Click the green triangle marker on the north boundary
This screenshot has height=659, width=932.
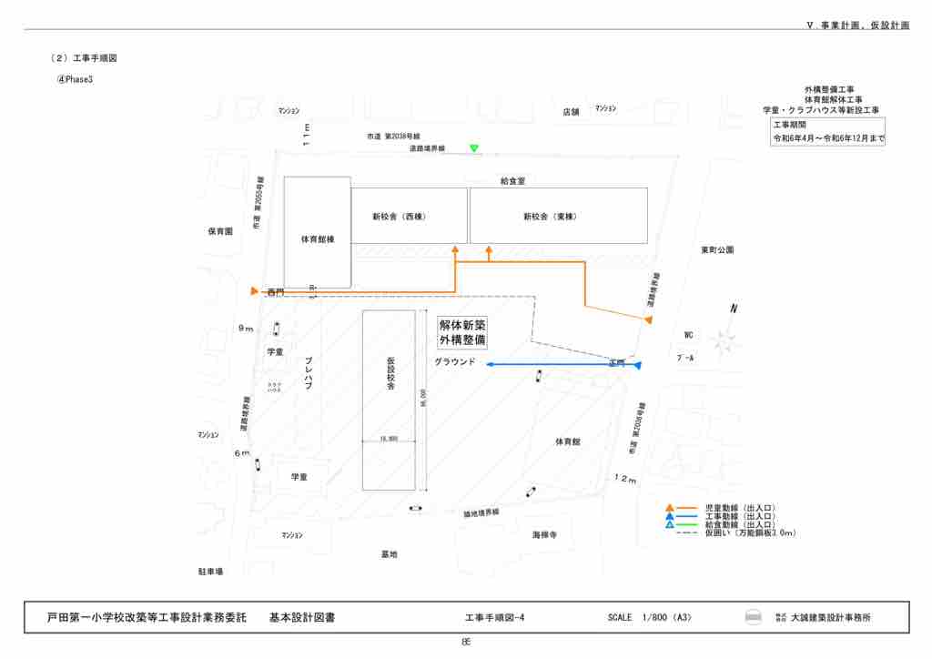click(x=473, y=148)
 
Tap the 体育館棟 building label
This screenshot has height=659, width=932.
click(x=318, y=240)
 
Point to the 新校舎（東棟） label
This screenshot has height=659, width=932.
click(x=550, y=217)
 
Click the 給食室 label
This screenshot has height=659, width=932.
click(x=512, y=181)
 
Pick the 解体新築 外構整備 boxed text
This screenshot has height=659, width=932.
click(x=462, y=332)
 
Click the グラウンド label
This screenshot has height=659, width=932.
click(x=455, y=362)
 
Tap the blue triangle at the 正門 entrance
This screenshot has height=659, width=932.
click(x=638, y=366)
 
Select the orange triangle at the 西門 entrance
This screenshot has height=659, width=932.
click(x=254, y=291)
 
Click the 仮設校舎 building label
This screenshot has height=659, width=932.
click(x=390, y=373)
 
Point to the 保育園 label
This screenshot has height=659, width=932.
click(x=220, y=231)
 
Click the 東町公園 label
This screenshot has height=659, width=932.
click(x=717, y=249)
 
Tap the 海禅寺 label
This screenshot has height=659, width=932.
click(x=544, y=535)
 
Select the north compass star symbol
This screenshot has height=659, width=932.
click(x=724, y=341)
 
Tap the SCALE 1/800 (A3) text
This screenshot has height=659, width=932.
click(x=650, y=618)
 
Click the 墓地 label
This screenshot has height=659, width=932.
click(x=389, y=553)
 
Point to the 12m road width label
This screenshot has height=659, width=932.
click(x=625, y=479)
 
